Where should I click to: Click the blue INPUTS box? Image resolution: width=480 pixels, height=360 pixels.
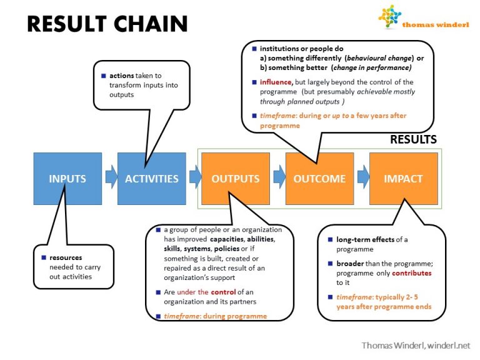(67, 178)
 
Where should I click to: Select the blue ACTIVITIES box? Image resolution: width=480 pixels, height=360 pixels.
(151, 178)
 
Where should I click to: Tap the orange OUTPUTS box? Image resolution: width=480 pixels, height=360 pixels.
(235, 178)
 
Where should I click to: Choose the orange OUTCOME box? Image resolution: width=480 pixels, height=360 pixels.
(319, 178)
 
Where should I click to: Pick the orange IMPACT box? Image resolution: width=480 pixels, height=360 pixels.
(404, 178)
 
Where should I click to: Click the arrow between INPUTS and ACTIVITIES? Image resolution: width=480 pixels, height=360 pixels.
(111, 178)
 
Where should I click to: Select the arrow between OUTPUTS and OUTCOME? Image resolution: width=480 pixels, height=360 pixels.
(278, 178)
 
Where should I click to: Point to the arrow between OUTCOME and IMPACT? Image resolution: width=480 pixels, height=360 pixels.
(362, 178)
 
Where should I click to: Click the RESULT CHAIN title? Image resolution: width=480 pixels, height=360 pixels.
(107, 24)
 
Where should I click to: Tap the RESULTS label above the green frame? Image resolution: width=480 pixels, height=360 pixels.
(413, 139)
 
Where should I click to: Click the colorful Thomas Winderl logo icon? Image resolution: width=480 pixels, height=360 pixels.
(390, 17)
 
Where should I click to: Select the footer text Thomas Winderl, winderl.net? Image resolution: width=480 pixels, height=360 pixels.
(415, 345)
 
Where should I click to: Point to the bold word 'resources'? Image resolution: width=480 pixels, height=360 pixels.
(66, 257)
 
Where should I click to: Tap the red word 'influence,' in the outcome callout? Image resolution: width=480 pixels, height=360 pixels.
(276, 82)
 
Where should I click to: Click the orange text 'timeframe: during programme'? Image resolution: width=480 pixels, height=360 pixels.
(215, 316)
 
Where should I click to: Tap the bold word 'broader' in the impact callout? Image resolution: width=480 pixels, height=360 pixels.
(350, 264)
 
